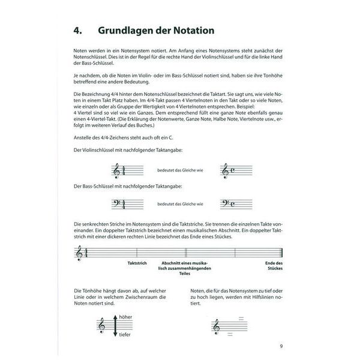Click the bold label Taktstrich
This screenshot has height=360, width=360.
(x=137, y=263)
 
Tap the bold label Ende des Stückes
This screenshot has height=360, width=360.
(x=274, y=266)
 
